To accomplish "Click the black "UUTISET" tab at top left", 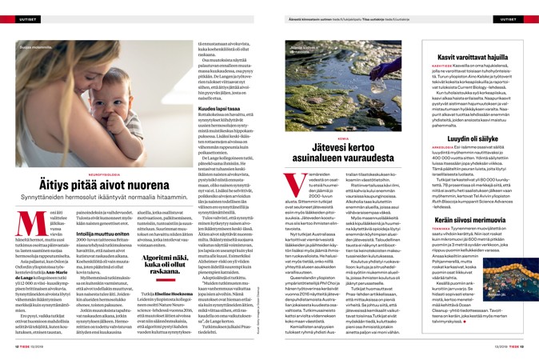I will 22,9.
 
